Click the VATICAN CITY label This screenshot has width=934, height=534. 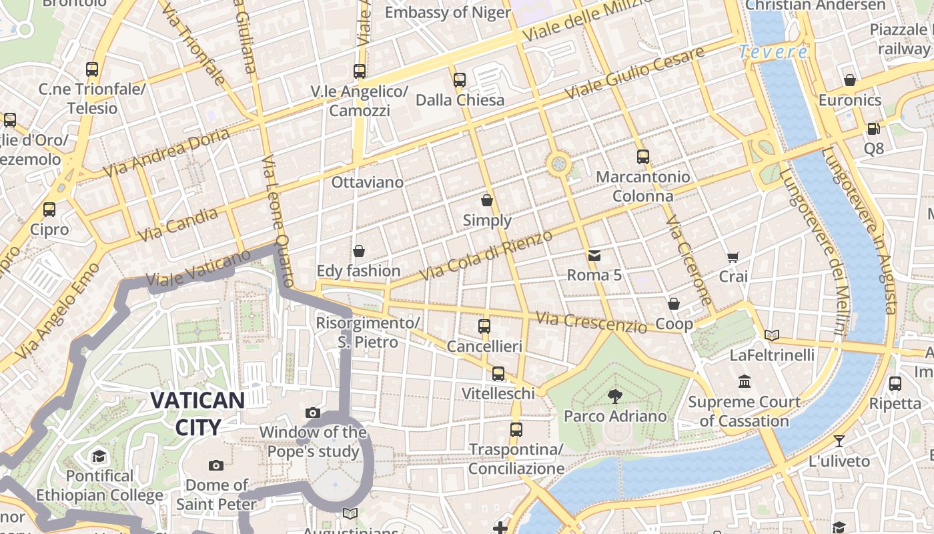pyautogui.click(x=197, y=413)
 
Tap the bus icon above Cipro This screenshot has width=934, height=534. pyautogui.click(x=49, y=210)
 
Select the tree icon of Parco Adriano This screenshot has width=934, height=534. pyautogui.click(x=614, y=396)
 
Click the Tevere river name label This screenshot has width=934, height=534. pyautogui.click(x=773, y=51)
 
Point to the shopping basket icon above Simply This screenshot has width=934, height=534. pyautogui.click(x=487, y=200)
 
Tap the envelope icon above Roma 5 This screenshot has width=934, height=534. pyautogui.click(x=594, y=255)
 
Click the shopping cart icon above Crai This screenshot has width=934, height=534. pyautogui.click(x=733, y=257)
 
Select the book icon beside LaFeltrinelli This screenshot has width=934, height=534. pyautogui.click(x=772, y=335)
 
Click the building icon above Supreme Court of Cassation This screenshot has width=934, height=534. pyautogui.click(x=745, y=382)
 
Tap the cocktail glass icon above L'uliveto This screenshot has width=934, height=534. pyautogui.click(x=839, y=441)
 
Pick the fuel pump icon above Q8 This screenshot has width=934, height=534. pyautogui.click(x=873, y=128)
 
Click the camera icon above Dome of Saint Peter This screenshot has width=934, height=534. pyautogui.click(x=215, y=465)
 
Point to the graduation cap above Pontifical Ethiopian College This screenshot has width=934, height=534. pyautogui.click(x=99, y=457)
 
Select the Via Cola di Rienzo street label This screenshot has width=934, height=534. pyautogui.click(x=486, y=256)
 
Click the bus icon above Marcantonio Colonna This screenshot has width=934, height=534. pyautogui.click(x=642, y=157)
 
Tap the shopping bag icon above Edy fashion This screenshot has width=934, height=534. pyautogui.click(x=359, y=251)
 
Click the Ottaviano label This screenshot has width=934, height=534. pyautogui.click(x=368, y=182)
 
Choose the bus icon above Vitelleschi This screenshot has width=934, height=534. pyautogui.click(x=498, y=374)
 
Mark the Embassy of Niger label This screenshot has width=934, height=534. pyautogui.click(x=448, y=12)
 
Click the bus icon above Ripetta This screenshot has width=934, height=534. pyautogui.click(x=895, y=384)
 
